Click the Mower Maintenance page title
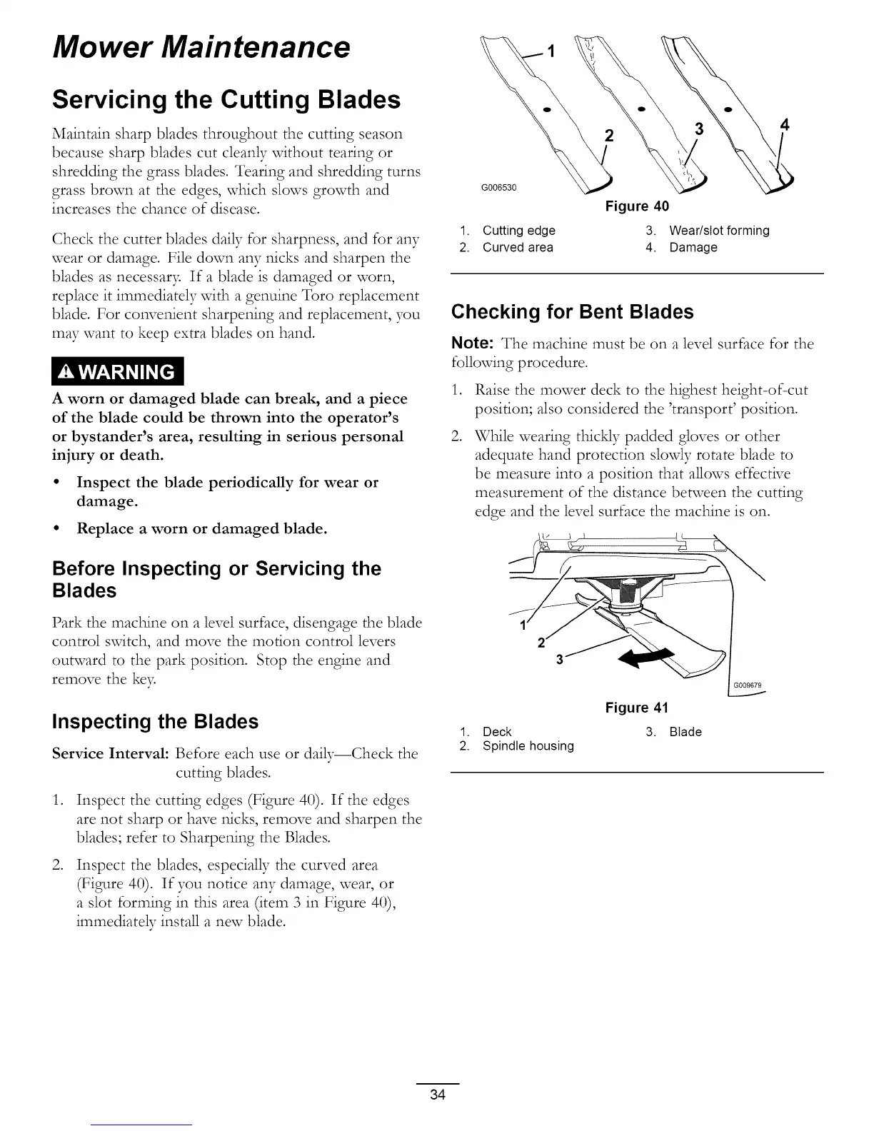[201, 47]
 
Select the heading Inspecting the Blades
[155, 721]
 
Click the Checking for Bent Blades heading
[573, 312]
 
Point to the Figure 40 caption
[637, 206]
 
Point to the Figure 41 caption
[637, 708]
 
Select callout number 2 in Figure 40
[608, 136]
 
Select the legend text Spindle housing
[528, 746]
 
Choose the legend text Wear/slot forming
[719, 231]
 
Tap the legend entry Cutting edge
[518, 231]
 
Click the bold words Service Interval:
[111, 754]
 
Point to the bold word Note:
[474, 343]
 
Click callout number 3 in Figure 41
[559, 660]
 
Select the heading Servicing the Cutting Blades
[226, 99]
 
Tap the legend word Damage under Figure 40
[693, 248]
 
